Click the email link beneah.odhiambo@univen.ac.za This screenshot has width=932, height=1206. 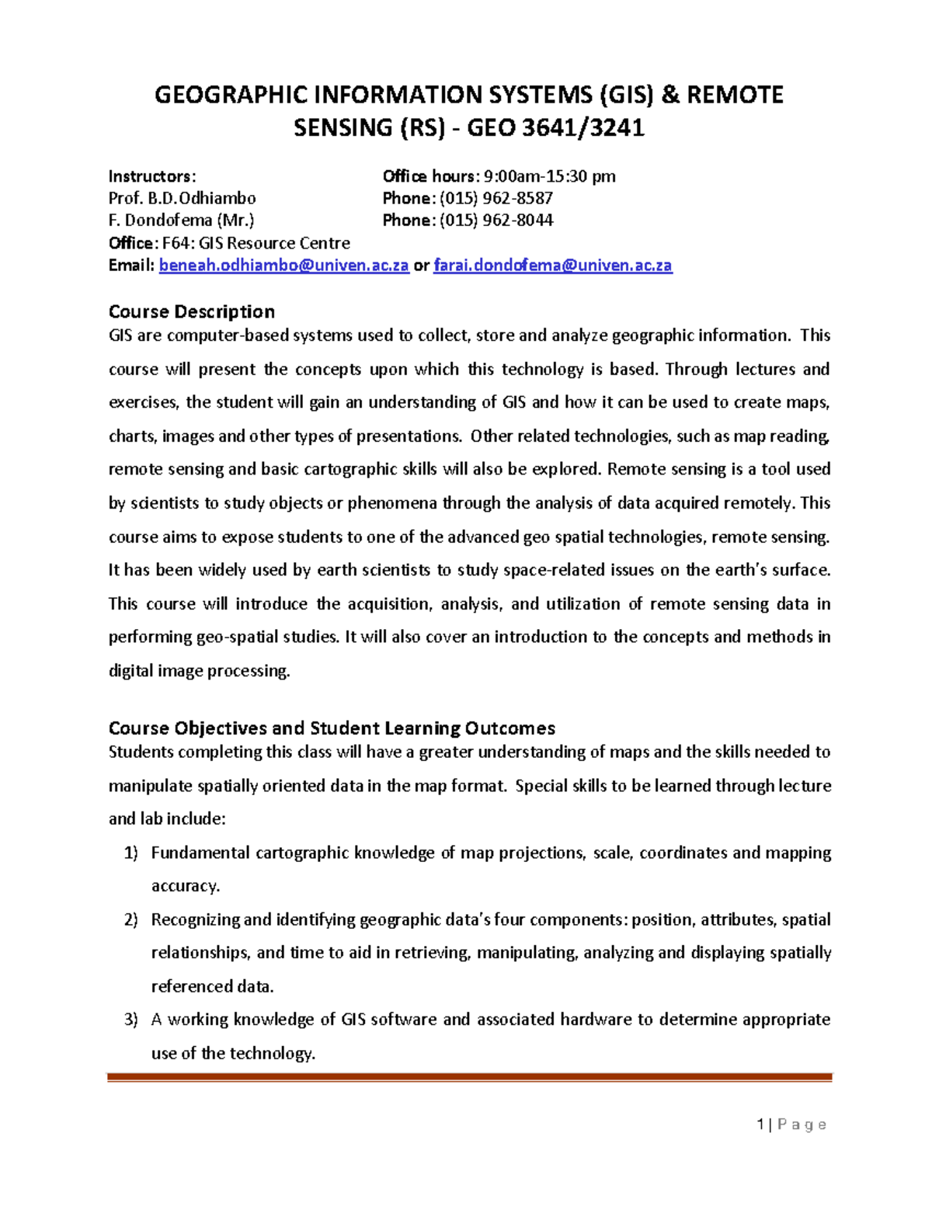point(283,266)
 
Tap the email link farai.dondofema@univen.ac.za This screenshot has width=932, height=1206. point(552,266)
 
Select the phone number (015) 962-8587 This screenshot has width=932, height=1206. point(496,198)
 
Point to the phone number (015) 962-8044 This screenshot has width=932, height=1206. point(496,221)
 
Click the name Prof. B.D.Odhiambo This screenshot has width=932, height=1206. point(182,198)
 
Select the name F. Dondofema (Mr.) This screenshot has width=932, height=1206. point(181,221)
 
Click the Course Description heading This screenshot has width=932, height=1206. point(191,311)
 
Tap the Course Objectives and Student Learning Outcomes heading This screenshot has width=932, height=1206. point(332,728)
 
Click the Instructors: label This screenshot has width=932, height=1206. point(152,176)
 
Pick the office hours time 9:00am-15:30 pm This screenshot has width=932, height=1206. point(549,176)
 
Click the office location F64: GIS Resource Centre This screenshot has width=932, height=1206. point(256,243)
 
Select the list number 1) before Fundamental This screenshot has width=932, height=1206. point(130,853)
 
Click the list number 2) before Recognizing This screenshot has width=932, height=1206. point(130,919)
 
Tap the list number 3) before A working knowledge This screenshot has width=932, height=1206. point(130,1020)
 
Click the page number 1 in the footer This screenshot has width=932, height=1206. point(760,1124)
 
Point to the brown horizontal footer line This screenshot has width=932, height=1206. point(469,1077)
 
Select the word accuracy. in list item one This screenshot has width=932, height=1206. point(186,886)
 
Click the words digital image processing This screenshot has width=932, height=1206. point(199,671)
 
